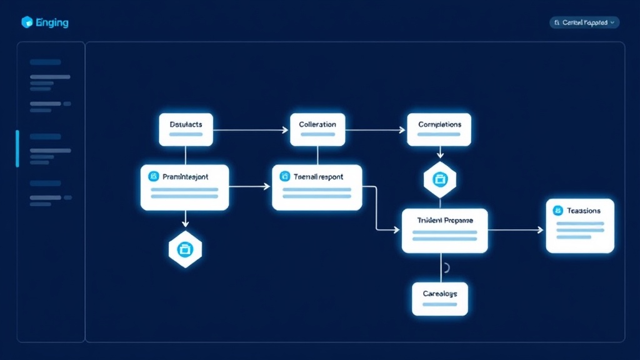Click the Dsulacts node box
pos(186,129)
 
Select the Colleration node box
pos(317,129)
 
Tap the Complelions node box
pos(439,129)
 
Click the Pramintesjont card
pos(185,187)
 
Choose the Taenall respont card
pos(317,187)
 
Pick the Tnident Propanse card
pos(444,231)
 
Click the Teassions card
pos(580,226)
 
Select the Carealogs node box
pos(440,299)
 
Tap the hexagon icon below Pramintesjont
pos(185,249)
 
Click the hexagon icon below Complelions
pos(440,179)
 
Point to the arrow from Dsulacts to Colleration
pos(251,130)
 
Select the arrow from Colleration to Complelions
pos(376,130)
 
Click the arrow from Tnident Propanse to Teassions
pos(516,230)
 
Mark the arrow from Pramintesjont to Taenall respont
pos(250,186)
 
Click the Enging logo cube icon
pos(27,22)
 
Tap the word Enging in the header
pos(52,23)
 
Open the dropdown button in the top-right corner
pos(584,22)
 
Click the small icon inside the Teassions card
pos(558,211)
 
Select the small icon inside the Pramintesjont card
pos(153,177)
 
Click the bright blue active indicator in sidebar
pos(17,149)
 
